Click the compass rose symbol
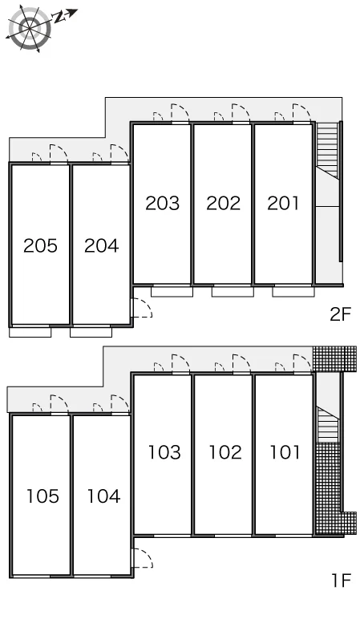point(30,29)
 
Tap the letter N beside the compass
point(59,17)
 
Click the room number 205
point(40,245)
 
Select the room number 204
point(102,245)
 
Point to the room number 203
point(162,203)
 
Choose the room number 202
point(224,203)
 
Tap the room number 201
point(283,203)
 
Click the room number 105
point(42,496)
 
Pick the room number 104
point(103,496)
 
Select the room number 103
point(164,452)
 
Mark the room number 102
point(225,452)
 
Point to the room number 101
point(285,452)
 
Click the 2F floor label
point(340,314)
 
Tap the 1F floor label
point(341,581)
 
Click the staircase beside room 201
point(328,150)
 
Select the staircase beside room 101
point(328,424)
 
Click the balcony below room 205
point(30,332)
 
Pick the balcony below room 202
point(233,292)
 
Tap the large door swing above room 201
point(301,113)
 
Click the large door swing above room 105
point(59,404)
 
